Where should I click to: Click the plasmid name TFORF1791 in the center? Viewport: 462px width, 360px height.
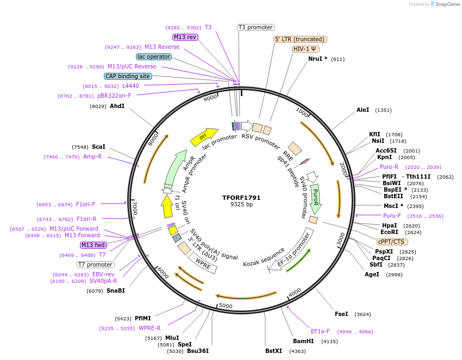(x=242, y=197)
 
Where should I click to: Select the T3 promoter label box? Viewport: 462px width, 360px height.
(x=256, y=27)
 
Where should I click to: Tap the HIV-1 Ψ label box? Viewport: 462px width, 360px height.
(x=306, y=49)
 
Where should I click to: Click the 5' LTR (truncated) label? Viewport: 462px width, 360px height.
(x=299, y=39)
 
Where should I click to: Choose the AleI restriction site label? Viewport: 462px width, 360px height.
(x=363, y=110)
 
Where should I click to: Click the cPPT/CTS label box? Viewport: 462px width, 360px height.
(x=391, y=242)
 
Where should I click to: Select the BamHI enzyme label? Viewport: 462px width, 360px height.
(x=303, y=342)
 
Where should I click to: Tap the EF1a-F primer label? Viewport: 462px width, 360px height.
(x=321, y=331)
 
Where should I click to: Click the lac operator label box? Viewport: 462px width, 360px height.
(x=154, y=56)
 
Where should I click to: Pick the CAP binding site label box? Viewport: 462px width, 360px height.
(x=128, y=77)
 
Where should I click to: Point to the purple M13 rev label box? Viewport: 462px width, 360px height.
(x=185, y=37)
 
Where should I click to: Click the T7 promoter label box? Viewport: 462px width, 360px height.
(x=95, y=265)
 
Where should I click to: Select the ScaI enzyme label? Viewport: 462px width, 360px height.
(x=98, y=147)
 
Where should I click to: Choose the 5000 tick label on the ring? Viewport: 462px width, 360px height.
(x=226, y=306)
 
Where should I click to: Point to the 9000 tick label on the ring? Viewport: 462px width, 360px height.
(x=210, y=98)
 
